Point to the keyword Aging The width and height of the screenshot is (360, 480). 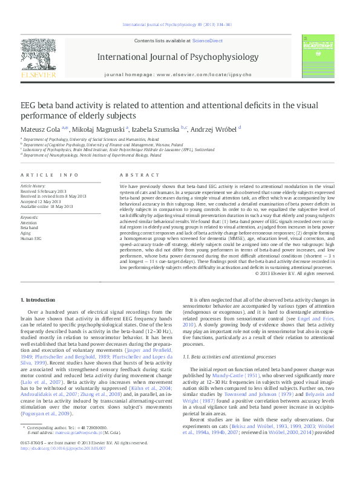pyautogui.click(x=26, y=232)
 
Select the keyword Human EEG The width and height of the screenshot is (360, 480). pyautogui.click(x=30, y=237)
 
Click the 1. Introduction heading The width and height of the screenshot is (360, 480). pyautogui.click(x=39, y=300)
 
